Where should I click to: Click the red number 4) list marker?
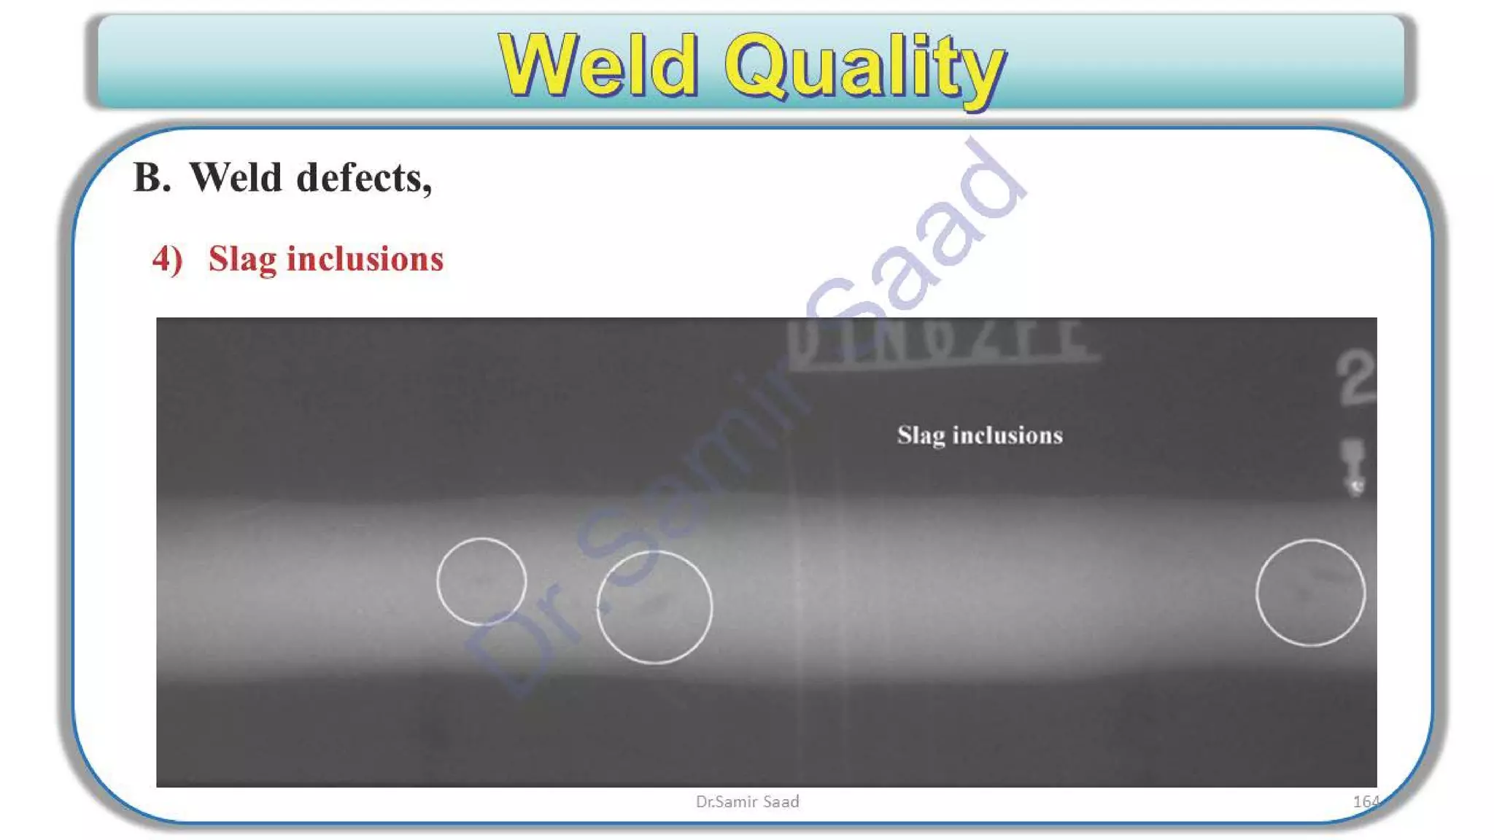(x=167, y=259)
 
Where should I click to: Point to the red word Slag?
(x=243, y=260)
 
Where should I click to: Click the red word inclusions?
(x=365, y=259)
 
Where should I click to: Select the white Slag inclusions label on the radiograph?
(x=979, y=435)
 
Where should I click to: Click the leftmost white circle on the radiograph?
(x=481, y=581)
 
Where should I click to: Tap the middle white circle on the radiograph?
(x=654, y=607)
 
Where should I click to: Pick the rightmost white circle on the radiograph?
(x=1310, y=592)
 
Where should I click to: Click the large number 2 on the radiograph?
(x=1355, y=378)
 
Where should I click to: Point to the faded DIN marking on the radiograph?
(x=941, y=343)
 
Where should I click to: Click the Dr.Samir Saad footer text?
(x=747, y=801)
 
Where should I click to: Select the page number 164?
(x=1365, y=801)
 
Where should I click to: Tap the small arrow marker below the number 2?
(x=1354, y=467)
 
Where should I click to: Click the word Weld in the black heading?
(x=235, y=177)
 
